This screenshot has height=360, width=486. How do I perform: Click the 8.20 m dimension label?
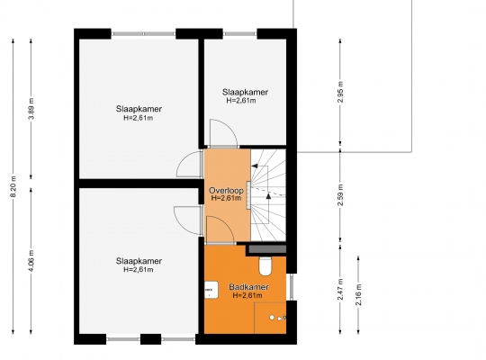(13, 186)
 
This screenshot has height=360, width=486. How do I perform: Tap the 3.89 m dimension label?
(31, 109)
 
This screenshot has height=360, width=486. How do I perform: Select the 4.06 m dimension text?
(31, 261)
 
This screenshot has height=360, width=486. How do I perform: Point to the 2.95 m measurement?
(340, 92)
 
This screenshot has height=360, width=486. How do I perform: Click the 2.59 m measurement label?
(340, 194)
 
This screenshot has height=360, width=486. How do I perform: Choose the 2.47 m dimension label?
(340, 289)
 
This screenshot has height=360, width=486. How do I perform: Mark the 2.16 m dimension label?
(358, 294)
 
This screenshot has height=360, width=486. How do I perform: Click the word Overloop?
(226, 190)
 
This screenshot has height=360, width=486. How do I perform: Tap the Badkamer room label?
(248, 287)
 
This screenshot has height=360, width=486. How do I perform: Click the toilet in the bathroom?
(265, 265)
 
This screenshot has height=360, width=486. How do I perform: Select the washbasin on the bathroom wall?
(211, 290)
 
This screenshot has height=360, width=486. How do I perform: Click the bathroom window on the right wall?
(291, 287)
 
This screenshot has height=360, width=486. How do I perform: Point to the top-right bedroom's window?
(240, 34)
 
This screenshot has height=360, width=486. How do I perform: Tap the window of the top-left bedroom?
(143, 34)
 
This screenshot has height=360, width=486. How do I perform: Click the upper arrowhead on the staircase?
(255, 166)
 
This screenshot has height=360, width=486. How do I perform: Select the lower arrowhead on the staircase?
(268, 195)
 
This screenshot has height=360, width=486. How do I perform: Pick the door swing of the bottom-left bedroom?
(188, 220)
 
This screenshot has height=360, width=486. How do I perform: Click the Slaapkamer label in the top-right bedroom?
(245, 92)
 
